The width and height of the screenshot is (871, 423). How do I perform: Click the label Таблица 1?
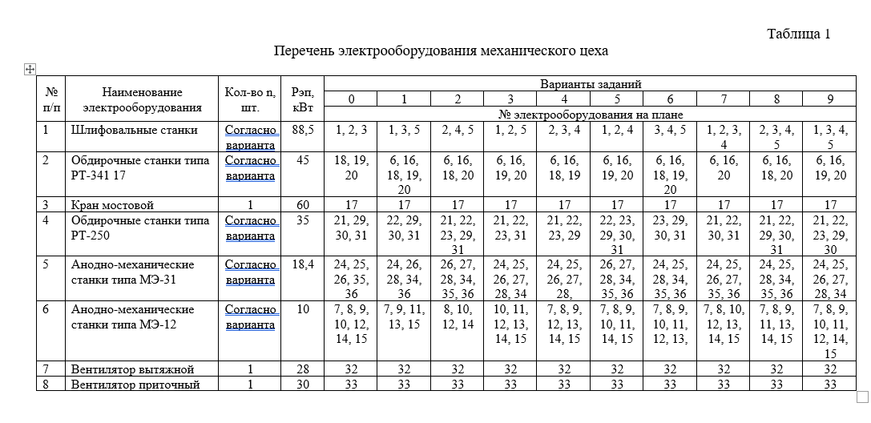click(x=798, y=34)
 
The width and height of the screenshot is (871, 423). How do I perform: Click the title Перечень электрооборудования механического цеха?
click(x=441, y=51)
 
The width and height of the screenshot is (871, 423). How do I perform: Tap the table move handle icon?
click(x=30, y=70)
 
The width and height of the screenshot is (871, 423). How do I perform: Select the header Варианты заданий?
click(x=590, y=84)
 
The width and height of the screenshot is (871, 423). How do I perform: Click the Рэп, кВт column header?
click(x=303, y=99)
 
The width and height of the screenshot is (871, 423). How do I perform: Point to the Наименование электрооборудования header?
click(x=142, y=99)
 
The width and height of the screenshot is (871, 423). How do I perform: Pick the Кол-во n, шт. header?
click(x=251, y=99)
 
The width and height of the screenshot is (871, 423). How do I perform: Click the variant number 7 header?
click(x=724, y=99)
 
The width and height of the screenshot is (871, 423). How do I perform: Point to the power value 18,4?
click(x=303, y=264)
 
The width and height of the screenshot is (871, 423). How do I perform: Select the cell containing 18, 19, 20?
click(x=350, y=167)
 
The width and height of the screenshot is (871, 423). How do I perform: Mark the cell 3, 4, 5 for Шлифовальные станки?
click(x=670, y=129)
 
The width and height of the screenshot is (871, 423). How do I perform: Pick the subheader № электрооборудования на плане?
click(x=590, y=114)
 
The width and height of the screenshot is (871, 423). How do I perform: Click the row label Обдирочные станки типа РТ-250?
click(x=129, y=227)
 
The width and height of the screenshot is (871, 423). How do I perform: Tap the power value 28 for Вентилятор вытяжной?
click(x=303, y=369)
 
